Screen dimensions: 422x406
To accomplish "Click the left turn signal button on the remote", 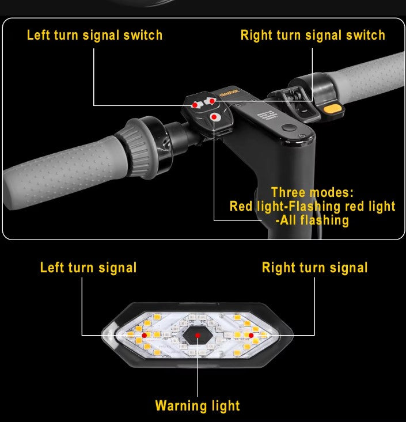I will pos(195,105).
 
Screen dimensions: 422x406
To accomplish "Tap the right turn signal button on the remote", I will pos(211,101).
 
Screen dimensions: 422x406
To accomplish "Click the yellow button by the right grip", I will pos(331,109).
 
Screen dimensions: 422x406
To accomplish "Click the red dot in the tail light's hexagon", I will pos(198,335).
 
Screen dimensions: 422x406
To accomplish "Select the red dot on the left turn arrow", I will pos(144,334).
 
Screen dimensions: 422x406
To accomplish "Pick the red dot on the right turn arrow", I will pos(251,334).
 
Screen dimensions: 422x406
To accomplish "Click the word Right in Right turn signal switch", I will pos(256,35).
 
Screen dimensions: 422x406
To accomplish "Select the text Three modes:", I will pos(312,192).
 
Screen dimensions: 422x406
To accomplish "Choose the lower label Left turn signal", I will pos(88,268).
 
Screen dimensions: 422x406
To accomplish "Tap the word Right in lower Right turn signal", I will pos(278,268).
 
